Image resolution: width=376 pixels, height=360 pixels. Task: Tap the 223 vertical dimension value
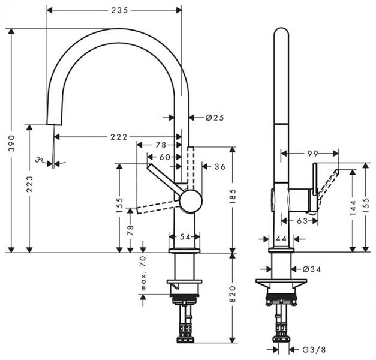(29, 188)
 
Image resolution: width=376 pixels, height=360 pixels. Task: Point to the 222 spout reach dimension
(119, 137)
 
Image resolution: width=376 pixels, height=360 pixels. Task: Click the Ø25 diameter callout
(214, 118)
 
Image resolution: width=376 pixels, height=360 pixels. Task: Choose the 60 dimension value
(164, 157)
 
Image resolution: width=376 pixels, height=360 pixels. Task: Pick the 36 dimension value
(219, 166)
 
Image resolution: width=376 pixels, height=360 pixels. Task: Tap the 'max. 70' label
(143, 274)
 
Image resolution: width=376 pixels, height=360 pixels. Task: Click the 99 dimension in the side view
(312, 154)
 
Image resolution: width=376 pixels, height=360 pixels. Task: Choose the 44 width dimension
(281, 238)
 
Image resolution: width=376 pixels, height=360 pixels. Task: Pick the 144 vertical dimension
(353, 207)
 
